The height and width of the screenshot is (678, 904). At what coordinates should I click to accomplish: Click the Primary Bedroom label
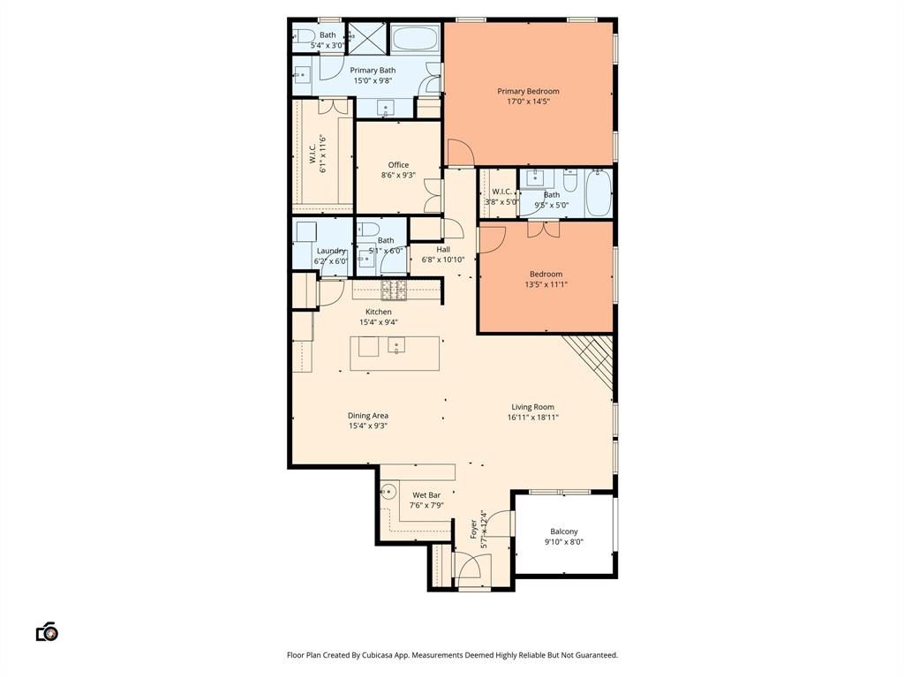(x=528, y=91)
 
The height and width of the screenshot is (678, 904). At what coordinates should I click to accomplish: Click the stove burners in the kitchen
(x=393, y=289)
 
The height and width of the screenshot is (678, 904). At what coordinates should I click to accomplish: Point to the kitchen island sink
(x=396, y=346)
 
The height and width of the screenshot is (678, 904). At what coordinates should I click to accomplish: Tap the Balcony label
(x=563, y=531)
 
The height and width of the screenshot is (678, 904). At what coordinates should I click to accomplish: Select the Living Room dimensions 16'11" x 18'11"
(x=532, y=418)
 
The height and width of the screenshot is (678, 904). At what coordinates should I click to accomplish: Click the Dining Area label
(x=368, y=416)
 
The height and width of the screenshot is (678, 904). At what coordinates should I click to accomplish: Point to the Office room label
(x=398, y=165)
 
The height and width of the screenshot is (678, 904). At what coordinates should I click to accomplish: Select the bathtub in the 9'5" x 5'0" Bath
(x=599, y=192)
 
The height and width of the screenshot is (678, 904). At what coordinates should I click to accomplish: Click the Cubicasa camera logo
(x=47, y=631)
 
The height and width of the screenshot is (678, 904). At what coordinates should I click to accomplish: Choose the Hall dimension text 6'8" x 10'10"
(x=443, y=260)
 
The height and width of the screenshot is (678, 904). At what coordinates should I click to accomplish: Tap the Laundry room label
(x=331, y=251)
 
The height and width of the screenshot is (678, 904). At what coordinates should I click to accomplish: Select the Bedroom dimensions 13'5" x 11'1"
(x=546, y=284)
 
